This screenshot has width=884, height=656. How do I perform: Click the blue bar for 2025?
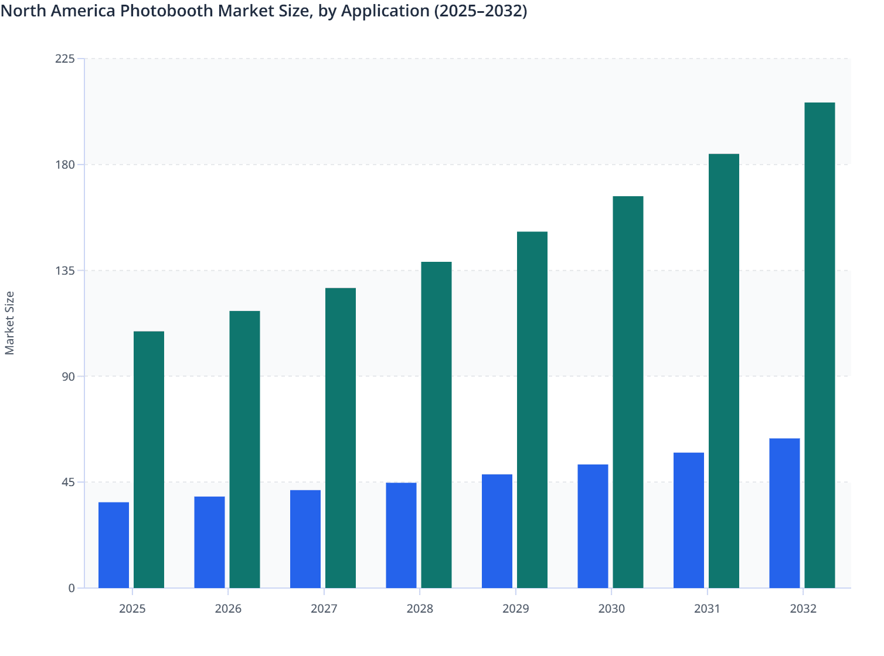click(114, 545)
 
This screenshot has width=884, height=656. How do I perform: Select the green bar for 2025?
click(149, 460)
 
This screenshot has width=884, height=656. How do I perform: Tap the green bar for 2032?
click(820, 346)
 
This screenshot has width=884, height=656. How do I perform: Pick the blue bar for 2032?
click(784, 513)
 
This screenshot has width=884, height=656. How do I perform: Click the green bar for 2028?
click(436, 425)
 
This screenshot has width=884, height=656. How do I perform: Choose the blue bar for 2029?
click(497, 531)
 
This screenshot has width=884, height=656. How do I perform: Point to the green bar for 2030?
click(628, 392)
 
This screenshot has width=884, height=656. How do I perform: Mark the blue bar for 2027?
click(305, 539)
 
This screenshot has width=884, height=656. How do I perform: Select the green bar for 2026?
click(244, 449)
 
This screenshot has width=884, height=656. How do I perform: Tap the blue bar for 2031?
click(689, 520)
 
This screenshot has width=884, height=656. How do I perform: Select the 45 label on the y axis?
click(69, 482)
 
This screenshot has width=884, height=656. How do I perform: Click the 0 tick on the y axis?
click(72, 588)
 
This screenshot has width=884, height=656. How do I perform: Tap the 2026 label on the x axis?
click(228, 609)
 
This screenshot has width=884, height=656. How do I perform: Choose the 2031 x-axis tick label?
click(707, 609)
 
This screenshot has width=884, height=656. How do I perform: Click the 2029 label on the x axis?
click(516, 609)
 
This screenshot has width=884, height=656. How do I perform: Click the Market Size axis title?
click(10, 323)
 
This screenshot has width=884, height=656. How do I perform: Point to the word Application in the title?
click(385, 11)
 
